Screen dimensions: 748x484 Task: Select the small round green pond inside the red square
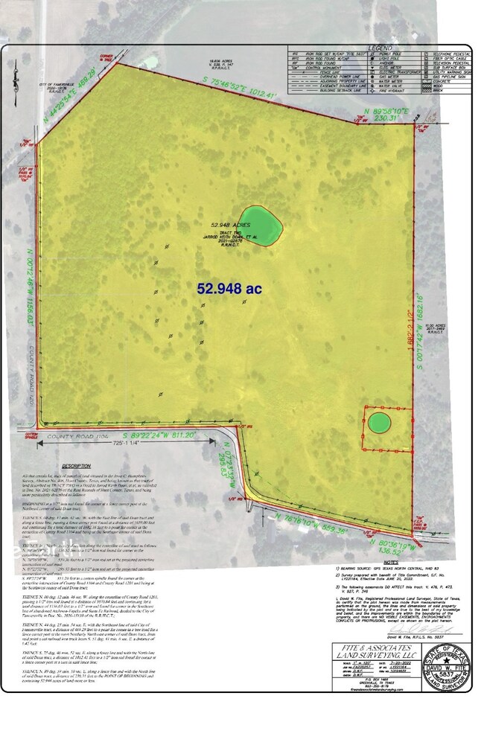coord(380,423)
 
